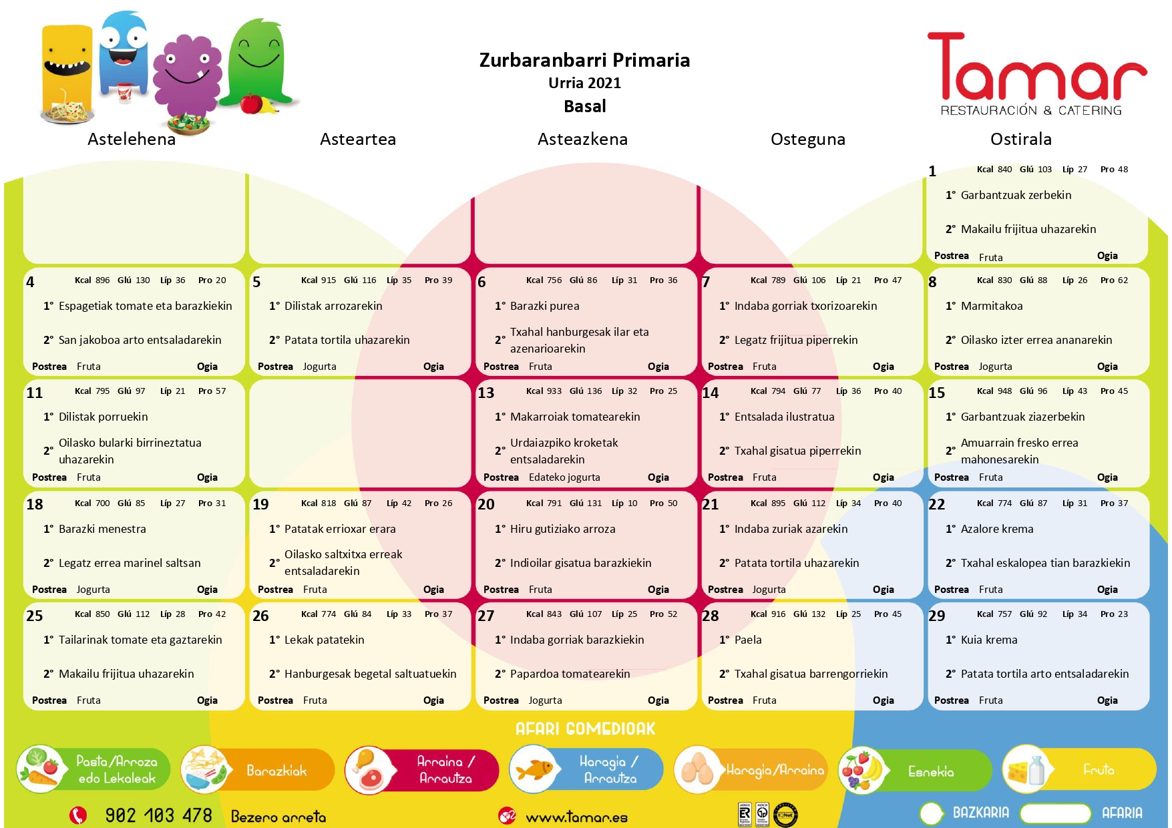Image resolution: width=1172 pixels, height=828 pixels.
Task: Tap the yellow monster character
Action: [x=67, y=70]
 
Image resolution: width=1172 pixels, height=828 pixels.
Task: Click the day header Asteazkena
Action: [x=582, y=139]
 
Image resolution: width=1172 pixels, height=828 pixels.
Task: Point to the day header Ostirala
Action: [x=1020, y=139]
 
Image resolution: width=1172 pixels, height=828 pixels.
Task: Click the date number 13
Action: [x=485, y=393]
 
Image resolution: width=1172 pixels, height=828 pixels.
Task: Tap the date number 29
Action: [x=936, y=616]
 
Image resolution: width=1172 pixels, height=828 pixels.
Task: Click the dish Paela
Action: [x=747, y=640]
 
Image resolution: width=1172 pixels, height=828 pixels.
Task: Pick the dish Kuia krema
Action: [x=988, y=640]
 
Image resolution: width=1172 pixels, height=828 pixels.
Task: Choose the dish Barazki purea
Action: [x=544, y=306]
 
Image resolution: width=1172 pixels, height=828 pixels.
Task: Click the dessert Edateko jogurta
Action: [x=564, y=477]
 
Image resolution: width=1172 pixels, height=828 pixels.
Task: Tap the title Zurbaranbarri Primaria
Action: [x=584, y=60]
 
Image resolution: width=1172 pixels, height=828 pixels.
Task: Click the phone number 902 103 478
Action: [x=158, y=815]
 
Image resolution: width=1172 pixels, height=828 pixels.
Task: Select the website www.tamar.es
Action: [x=576, y=817]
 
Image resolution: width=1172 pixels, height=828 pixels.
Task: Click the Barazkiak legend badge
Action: [x=257, y=770]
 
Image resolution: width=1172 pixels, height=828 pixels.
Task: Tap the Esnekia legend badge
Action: [x=915, y=771]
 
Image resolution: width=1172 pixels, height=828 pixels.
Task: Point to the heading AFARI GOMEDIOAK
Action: [x=585, y=729]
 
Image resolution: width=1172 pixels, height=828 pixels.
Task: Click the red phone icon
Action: [x=78, y=815]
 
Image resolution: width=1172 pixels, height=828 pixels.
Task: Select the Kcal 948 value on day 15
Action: [x=994, y=391]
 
